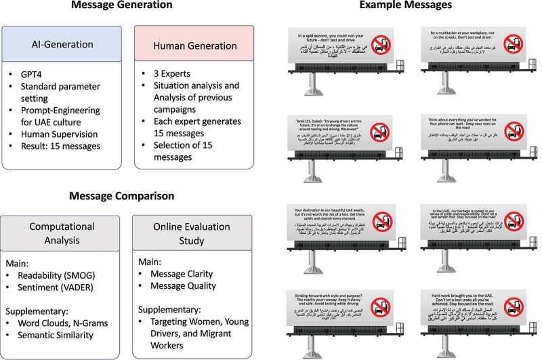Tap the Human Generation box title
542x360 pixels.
[184, 44]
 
